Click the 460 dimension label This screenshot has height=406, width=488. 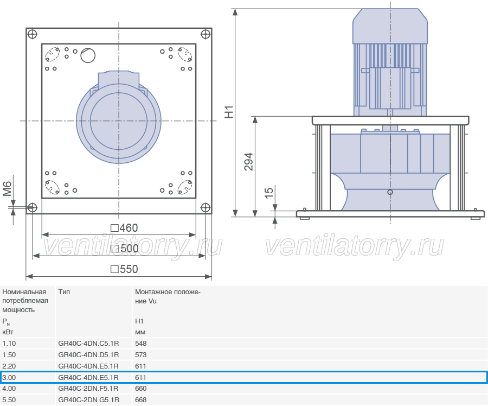[x=124, y=228]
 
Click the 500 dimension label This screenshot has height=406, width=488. [x=125, y=249]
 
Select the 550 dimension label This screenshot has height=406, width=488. [x=124, y=269]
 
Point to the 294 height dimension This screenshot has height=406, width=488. [x=249, y=162]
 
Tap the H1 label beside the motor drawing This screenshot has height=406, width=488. [x=229, y=112]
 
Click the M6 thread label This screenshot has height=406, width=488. [x=7, y=189]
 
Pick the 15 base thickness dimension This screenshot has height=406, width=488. [x=269, y=192]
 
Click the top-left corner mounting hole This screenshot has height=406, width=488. [x=33, y=34]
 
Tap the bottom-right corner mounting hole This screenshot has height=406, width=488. [x=206, y=207]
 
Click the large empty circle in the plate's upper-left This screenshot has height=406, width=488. [x=88, y=55]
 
